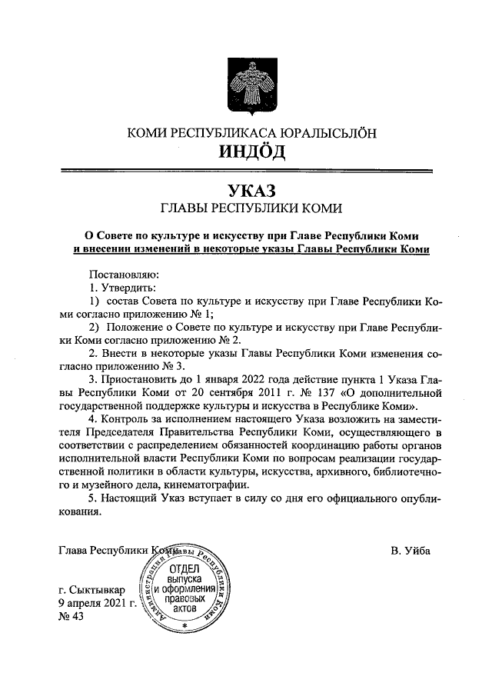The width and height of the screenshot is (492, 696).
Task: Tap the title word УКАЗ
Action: (251, 189)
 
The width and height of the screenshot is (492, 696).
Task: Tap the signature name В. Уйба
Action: (411, 550)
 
